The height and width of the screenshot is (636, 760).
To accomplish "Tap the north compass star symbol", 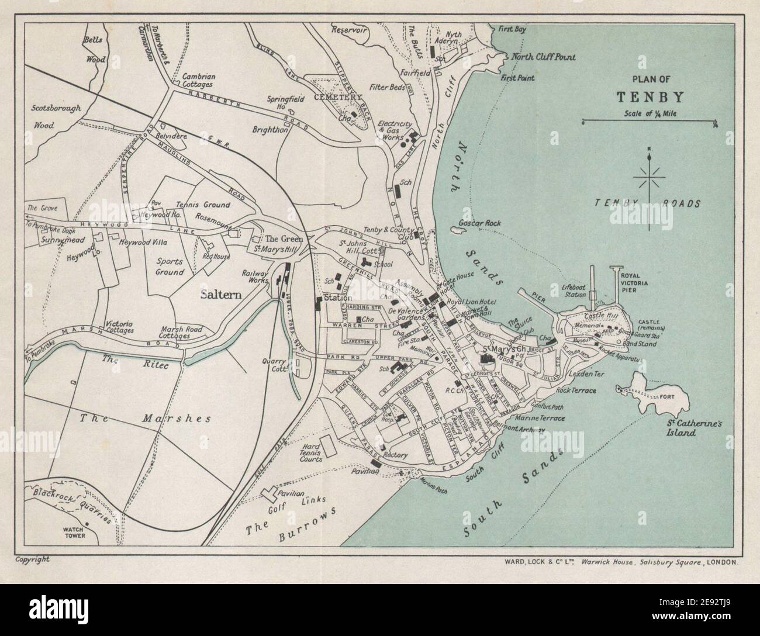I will (650, 176).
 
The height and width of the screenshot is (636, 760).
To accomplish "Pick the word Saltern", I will (221, 294).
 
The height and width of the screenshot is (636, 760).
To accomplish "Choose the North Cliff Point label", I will (543, 57).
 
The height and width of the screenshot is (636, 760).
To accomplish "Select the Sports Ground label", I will (170, 267).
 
